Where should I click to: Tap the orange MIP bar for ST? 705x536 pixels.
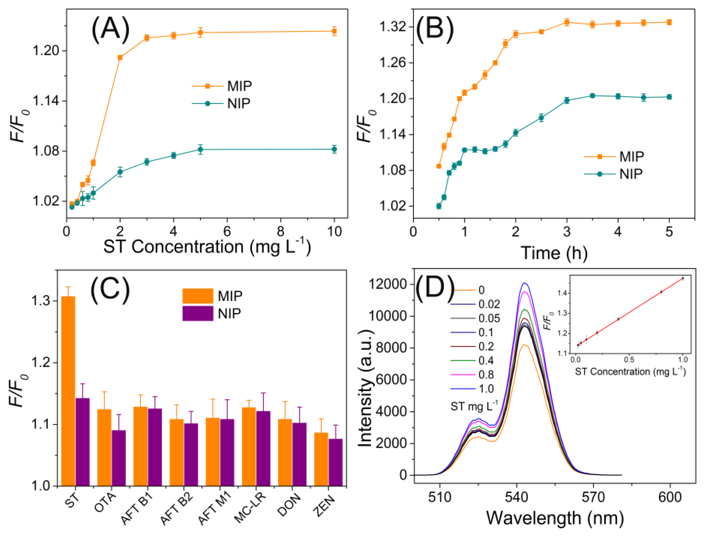68,391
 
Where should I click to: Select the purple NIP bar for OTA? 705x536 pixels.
118,458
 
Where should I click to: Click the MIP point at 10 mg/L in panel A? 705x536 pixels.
334,31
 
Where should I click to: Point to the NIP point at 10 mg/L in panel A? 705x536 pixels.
334,149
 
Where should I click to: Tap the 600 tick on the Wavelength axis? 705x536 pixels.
670,497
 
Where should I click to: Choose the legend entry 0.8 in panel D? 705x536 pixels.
486,374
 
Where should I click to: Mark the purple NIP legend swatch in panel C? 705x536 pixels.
197,313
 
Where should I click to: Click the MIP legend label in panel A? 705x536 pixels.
239,86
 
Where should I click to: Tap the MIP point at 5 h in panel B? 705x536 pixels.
669,22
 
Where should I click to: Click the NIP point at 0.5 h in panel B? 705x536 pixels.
439,206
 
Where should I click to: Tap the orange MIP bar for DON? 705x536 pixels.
285,452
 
